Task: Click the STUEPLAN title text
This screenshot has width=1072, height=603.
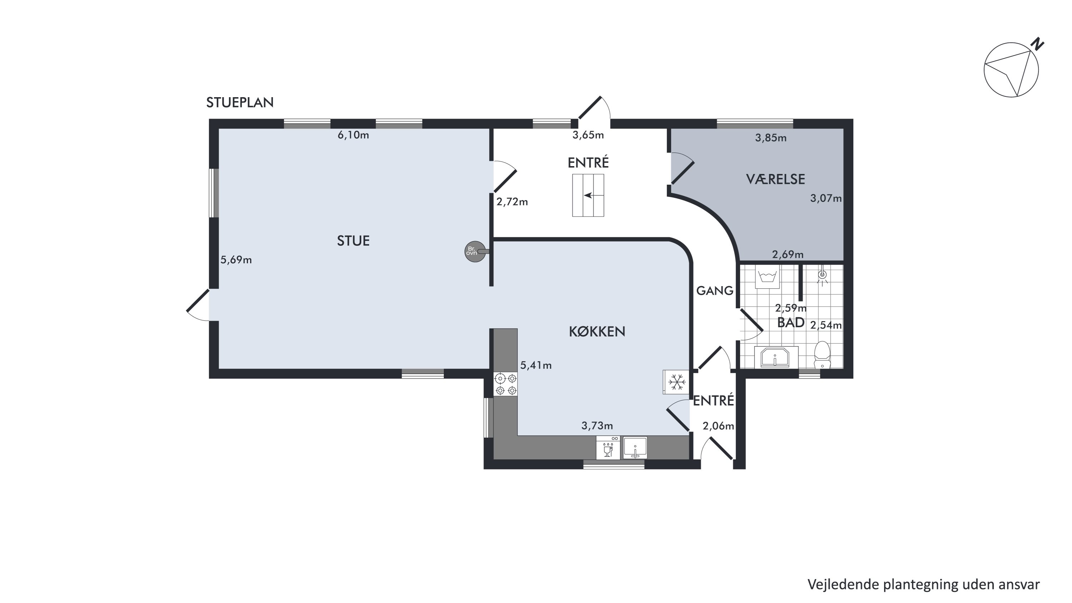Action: [x=240, y=103]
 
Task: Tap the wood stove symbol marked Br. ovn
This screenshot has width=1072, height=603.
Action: [x=475, y=251]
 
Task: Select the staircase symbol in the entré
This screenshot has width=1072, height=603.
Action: [x=588, y=195]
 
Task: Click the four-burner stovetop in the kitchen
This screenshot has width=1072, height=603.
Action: [x=506, y=384]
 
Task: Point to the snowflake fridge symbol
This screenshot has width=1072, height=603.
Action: [x=676, y=382]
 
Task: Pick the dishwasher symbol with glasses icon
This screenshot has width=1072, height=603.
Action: [x=608, y=447]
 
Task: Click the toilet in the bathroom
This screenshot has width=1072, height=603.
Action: [x=822, y=355]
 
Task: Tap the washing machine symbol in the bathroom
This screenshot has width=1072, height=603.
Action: [x=768, y=277]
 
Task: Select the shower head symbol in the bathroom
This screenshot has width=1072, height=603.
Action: [x=822, y=276]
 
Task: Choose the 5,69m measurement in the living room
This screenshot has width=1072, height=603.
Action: [x=236, y=260]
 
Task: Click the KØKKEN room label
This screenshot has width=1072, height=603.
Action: [x=597, y=332]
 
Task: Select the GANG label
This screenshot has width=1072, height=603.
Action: [x=715, y=291]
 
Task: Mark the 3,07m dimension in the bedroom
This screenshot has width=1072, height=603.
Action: [x=826, y=199]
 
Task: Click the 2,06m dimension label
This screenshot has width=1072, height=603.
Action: [x=718, y=426]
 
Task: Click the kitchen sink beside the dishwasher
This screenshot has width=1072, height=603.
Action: [x=635, y=448]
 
